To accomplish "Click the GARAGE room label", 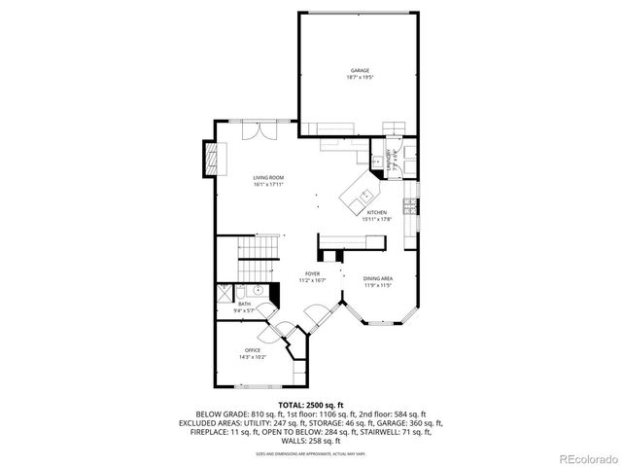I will (x=360, y=70).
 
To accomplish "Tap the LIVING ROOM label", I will (x=269, y=177).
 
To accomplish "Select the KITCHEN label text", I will (x=376, y=212).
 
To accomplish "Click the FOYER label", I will (x=312, y=274).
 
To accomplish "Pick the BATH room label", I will (x=244, y=304).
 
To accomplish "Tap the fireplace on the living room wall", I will (x=209, y=163).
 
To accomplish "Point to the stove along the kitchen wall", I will (x=412, y=206).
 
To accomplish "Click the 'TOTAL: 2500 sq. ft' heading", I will (x=311, y=404).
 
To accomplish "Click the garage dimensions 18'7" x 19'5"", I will (x=360, y=77).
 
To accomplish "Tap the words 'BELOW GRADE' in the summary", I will (x=219, y=413).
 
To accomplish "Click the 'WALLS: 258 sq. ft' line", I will (x=311, y=441).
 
